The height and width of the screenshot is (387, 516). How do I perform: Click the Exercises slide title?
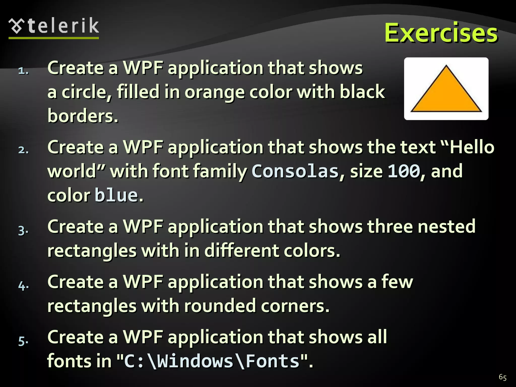pyautogui.click(x=441, y=33)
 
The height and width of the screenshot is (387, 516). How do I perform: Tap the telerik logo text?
pyautogui.click(x=63, y=26)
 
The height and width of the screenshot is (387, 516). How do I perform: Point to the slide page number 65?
pyautogui.click(x=502, y=377)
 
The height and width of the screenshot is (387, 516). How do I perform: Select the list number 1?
pyautogui.click(x=23, y=71)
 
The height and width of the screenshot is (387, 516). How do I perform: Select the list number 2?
pyautogui.click(x=23, y=150)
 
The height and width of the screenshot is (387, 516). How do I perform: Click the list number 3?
pyautogui.click(x=23, y=230)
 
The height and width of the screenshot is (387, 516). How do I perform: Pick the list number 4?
pyautogui.click(x=23, y=285)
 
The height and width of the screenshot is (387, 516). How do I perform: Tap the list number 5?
pyautogui.click(x=23, y=341)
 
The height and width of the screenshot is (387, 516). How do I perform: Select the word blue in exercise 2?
pyautogui.click(x=116, y=195)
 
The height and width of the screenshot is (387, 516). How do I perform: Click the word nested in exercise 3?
pyautogui.click(x=446, y=226)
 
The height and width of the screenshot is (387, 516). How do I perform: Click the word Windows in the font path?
pyautogui.click(x=195, y=361)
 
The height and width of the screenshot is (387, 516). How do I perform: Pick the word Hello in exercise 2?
pyautogui.click(x=472, y=147)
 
